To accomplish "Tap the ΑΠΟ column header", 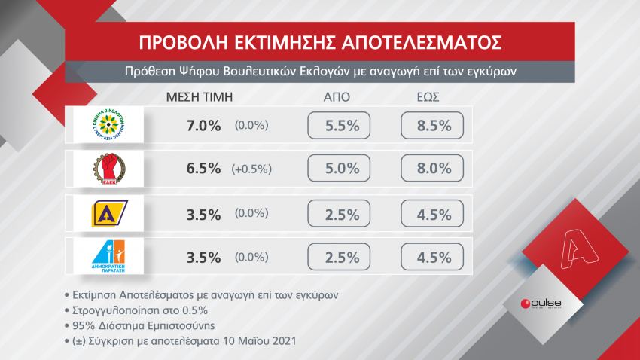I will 337,97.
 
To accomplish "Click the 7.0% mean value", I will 203,126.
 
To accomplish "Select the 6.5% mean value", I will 203,169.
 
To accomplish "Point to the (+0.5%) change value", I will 251,169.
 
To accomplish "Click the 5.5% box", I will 339,126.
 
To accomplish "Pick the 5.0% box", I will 339,169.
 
